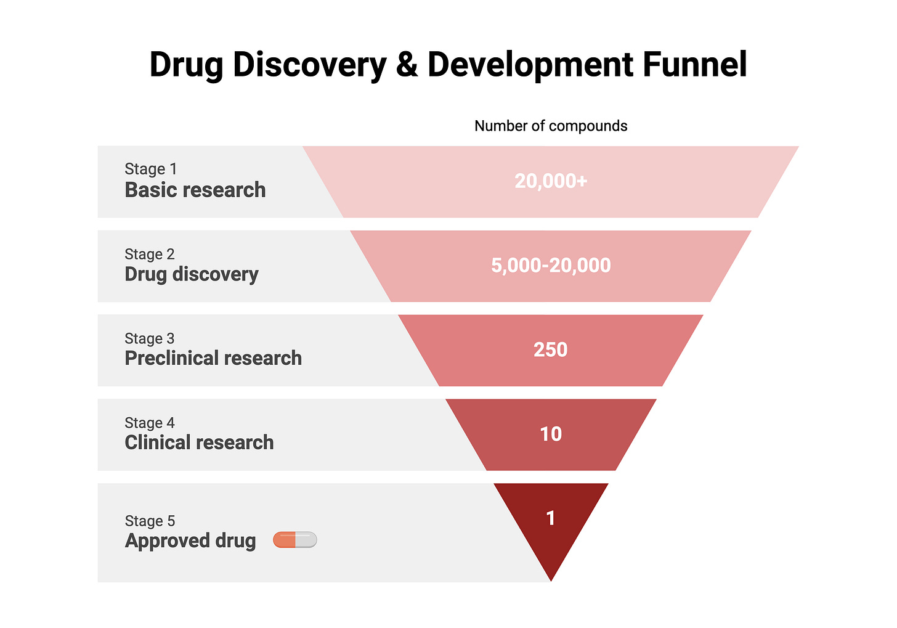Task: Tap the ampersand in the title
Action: click(407, 64)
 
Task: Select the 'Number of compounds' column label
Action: click(551, 126)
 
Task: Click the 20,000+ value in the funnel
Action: click(551, 181)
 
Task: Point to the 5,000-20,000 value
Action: click(551, 265)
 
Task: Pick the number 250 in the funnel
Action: click(551, 349)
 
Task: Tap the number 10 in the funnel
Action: click(551, 434)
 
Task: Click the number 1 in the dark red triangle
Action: click(551, 518)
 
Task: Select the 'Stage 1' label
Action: click(150, 169)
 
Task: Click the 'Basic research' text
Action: click(195, 190)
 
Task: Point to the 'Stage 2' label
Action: click(150, 254)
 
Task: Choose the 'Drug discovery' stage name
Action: click(192, 274)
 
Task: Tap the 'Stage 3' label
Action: click(150, 338)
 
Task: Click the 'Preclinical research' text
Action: click(213, 358)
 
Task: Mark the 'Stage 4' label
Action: click(150, 423)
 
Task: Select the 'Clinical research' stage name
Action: click(199, 442)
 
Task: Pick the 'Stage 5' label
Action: click(150, 521)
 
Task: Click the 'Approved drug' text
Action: click(190, 540)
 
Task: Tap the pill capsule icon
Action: click(295, 540)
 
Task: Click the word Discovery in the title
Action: click(310, 64)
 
